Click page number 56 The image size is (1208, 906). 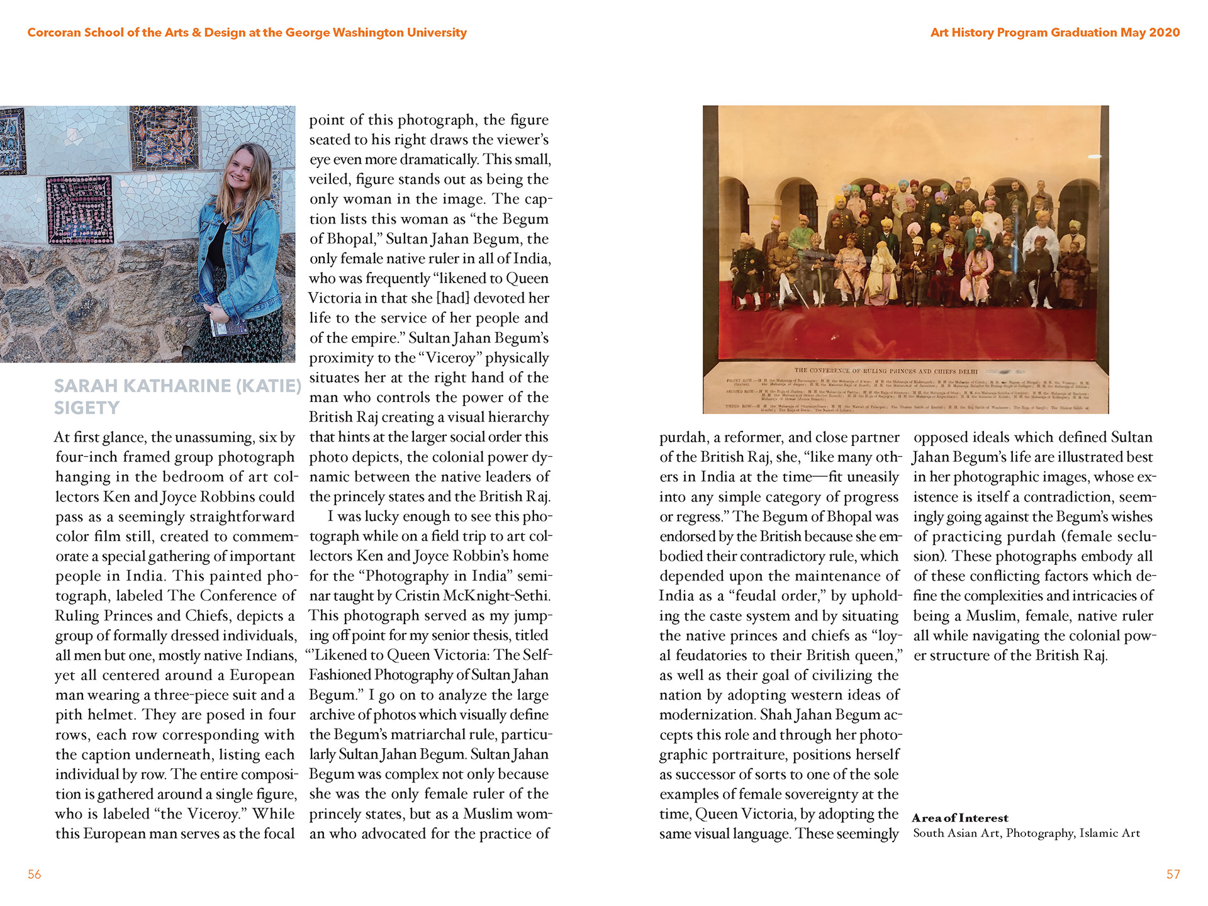coord(34,874)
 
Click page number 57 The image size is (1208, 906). coord(1173,874)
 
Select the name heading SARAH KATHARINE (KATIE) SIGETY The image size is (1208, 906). coord(177,396)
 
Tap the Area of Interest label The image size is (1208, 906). coord(959,818)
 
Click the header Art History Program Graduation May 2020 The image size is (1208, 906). coord(1054,33)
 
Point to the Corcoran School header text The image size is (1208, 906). coord(247,33)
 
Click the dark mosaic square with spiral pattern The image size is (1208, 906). coord(80,210)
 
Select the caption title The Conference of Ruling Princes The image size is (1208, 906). coord(885,371)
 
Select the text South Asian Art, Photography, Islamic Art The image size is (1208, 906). coord(1026,833)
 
